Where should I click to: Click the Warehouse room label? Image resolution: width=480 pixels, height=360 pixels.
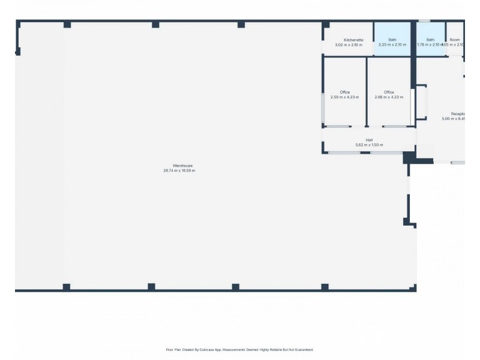tap(182, 166)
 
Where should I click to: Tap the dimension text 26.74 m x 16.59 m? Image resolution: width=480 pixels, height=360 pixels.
tap(179, 171)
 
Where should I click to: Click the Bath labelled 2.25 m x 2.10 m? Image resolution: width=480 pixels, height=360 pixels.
tap(392, 40)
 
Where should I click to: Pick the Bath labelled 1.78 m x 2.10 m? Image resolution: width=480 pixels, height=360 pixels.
tap(430, 40)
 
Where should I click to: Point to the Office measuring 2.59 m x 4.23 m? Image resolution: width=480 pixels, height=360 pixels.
tap(344, 92)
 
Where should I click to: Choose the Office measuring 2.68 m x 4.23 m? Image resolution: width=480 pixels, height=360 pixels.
tap(389, 92)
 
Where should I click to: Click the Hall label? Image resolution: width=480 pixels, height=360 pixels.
tap(369, 140)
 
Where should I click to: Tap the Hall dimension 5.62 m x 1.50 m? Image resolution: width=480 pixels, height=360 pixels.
tap(369, 145)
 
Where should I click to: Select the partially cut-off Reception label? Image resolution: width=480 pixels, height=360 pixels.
tap(458, 113)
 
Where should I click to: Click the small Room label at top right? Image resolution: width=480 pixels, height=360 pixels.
tap(455, 40)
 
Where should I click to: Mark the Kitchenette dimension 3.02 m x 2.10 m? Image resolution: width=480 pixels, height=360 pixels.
tap(349, 45)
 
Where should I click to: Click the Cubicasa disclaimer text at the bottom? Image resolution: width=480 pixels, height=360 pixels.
tap(239, 349)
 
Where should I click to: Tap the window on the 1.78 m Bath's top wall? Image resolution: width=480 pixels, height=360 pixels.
tap(424, 22)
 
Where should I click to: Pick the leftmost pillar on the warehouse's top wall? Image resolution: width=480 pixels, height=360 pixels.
tap(67, 25)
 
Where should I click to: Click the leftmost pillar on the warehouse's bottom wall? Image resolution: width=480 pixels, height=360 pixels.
tap(67, 287)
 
